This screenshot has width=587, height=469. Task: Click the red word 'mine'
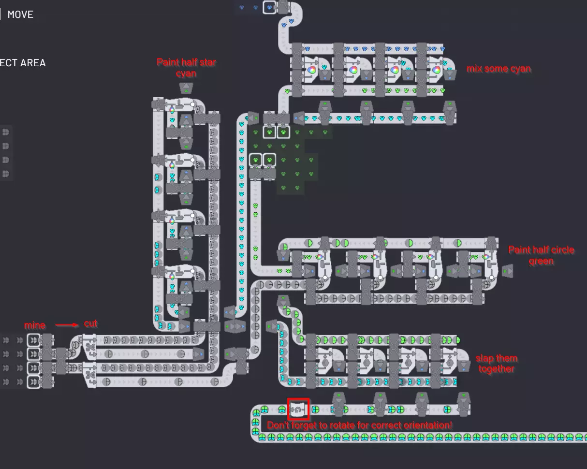[35, 325]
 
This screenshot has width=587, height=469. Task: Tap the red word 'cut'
[91, 323]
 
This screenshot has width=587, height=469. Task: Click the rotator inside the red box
[298, 410]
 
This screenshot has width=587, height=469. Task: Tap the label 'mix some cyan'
[499, 69]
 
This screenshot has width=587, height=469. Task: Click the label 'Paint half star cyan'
[186, 68]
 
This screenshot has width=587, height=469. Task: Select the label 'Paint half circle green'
[541, 255]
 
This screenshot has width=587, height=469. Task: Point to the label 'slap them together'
[496, 364]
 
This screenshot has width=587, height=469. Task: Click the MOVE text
[20, 15]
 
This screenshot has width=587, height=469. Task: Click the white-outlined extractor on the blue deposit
[269, 7]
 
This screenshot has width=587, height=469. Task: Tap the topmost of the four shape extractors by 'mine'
[33, 340]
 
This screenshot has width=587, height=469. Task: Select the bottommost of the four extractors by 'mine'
[33, 382]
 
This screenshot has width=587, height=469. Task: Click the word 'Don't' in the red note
[279, 425]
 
